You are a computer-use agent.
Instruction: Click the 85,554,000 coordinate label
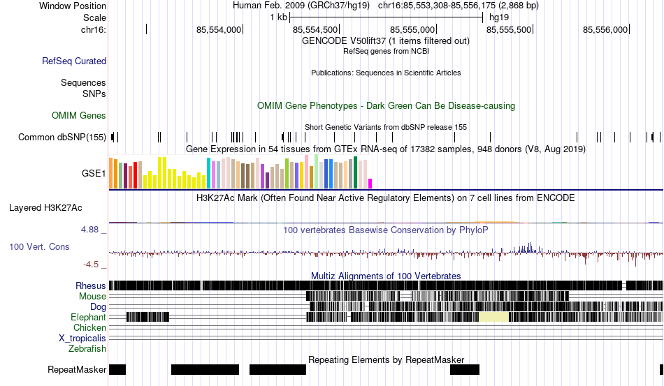click(219, 29)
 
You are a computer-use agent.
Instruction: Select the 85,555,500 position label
click(509, 29)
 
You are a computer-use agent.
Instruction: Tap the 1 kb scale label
click(279, 17)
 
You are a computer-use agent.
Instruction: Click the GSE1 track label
click(94, 173)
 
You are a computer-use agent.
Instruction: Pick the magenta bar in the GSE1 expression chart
click(370, 184)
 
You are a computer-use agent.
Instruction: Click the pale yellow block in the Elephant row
click(493, 317)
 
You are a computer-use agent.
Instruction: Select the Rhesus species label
click(91, 285)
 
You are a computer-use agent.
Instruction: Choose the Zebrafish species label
click(87, 349)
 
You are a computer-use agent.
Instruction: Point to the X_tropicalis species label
click(82, 339)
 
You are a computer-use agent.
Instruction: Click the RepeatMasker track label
click(77, 369)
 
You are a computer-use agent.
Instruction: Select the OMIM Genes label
click(79, 115)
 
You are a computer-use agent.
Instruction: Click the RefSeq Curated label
click(74, 61)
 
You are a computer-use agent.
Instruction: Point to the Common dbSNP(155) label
click(62, 137)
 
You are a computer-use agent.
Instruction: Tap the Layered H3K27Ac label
click(45, 207)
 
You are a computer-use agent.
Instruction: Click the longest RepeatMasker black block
click(205, 369)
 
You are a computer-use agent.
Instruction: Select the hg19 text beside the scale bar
click(499, 17)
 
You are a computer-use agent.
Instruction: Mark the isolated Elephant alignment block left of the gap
click(147, 317)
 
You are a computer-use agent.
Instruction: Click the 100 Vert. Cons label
click(39, 246)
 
